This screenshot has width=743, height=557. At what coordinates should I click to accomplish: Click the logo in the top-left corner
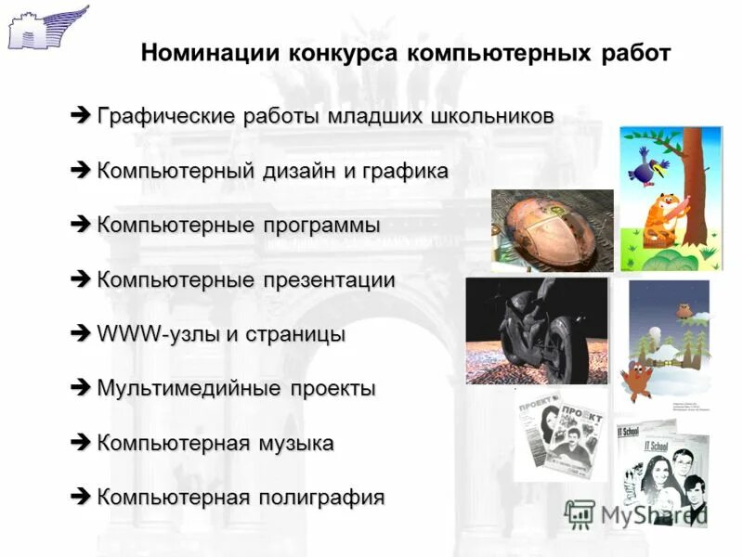46,26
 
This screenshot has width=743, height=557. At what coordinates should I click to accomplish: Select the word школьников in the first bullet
493,118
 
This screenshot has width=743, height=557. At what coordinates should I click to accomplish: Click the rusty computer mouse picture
552,229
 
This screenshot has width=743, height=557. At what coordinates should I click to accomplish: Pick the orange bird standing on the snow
637,376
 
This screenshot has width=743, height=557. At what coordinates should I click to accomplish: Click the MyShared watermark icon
580,513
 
